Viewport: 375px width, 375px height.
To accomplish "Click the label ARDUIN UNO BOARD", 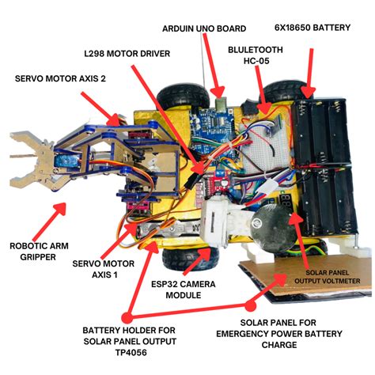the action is point(204,28).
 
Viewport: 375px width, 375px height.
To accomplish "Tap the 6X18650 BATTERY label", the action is point(312,28).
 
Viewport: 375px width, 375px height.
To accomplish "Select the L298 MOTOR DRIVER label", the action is point(127,54).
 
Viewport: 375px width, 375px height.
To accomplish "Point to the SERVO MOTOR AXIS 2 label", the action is point(60,78).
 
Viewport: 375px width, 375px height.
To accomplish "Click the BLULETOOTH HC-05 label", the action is point(256,55).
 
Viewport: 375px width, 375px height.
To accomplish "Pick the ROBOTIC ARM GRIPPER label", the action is point(39,252).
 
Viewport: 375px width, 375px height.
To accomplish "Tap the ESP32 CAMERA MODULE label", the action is point(184,290).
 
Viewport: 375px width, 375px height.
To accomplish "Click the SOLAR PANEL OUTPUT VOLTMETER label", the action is point(328,277).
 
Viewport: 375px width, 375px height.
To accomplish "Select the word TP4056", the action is point(131,352).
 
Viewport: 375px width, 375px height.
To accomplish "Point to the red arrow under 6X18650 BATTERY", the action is point(309,74).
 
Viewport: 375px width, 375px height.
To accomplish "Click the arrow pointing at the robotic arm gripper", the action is point(50,221).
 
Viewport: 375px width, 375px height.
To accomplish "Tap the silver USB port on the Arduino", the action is point(221,104).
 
